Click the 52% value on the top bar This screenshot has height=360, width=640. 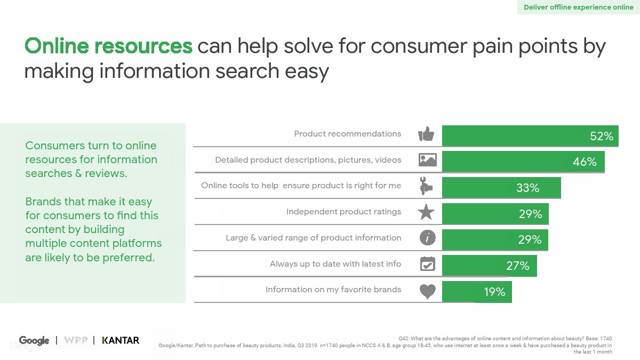(x=602, y=136)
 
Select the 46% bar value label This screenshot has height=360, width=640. (x=585, y=162)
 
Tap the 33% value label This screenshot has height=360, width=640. (x=527, y=188)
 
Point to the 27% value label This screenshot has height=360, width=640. (x=518, y=266)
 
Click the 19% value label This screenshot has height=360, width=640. (x=494, y=292)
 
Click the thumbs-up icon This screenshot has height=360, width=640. (x=426, y=134)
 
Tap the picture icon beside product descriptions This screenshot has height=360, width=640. (x=427, y=159)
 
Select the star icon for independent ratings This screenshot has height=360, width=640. (x=426, y=212)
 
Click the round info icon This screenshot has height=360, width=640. (x=427, y=238)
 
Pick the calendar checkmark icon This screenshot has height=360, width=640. (x=427, y=263)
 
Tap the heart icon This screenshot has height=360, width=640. (x=427, y=291)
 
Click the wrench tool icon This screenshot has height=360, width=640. (x=426, y=186)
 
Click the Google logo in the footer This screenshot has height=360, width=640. (x=34, y=341)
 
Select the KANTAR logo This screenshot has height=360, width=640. (x=121, y=340)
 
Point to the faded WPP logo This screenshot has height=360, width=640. (x=76, y=340)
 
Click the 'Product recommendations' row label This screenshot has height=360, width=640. (x=347, y=134)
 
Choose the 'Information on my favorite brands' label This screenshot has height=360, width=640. (x=333, y=290)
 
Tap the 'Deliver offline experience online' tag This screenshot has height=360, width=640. (x=579, y=7)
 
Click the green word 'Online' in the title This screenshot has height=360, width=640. (x=57, y=46)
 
